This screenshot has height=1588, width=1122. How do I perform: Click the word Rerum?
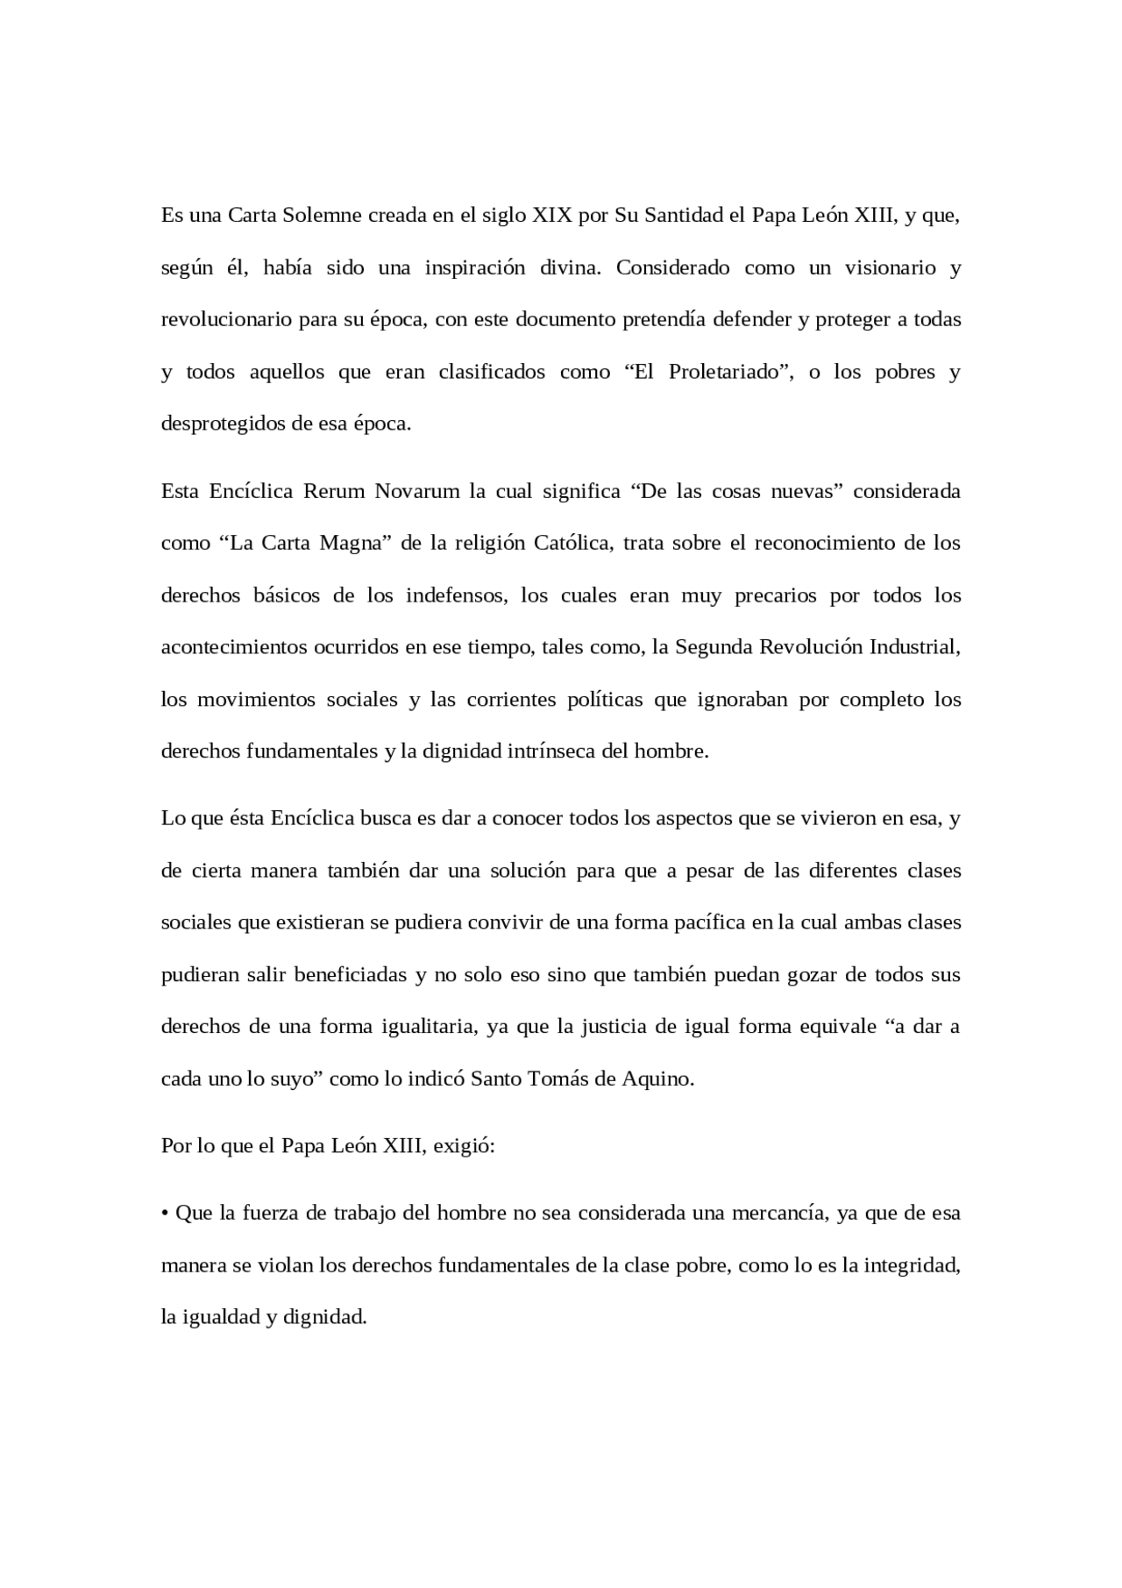click(332, 491)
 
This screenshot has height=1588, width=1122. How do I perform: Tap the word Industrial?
click(914, 648)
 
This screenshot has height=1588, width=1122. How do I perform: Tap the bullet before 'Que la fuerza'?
click(165, 1214)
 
